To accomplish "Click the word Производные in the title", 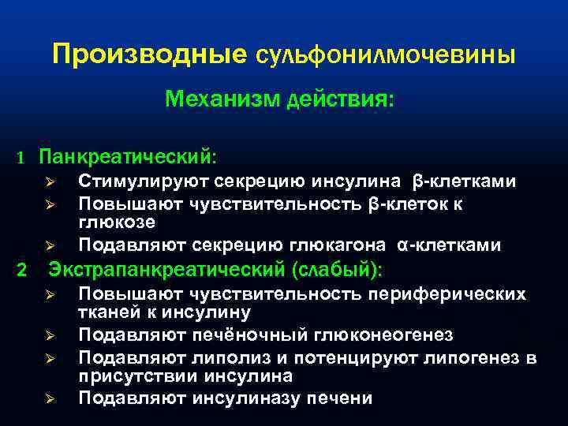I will coord(150,54).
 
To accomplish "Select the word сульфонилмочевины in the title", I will coord(386,56).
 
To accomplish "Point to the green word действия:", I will coord(341,101).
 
